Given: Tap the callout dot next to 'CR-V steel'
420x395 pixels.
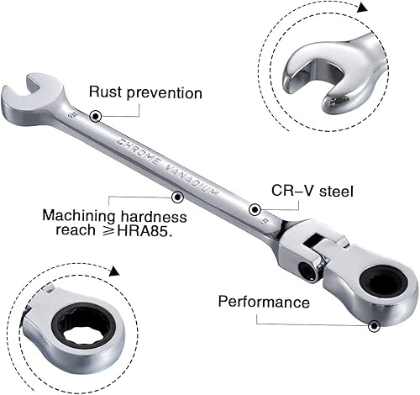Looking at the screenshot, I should [x=254, y=209].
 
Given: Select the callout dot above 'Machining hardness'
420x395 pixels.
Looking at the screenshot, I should [x=177, y=197].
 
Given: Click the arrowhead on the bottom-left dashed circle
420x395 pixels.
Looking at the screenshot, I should [x=113, y=272].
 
